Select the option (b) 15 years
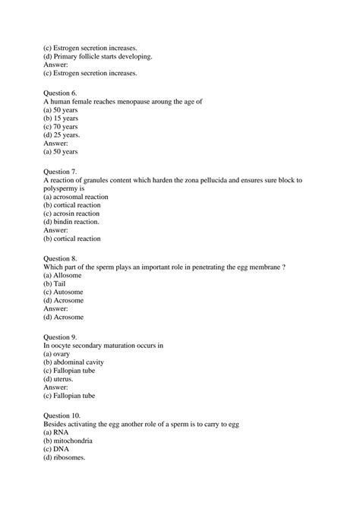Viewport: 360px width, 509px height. [x=61, y=118]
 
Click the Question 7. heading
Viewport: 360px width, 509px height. [x=61, y=172]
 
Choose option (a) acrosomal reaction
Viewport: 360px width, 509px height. [x=76, y=196]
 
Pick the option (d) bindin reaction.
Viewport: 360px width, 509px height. [x=71, y=221]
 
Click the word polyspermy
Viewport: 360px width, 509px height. [x=67, y=188]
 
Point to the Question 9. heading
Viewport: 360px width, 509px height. [x=61, y=337]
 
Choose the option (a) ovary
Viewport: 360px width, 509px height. [x=57, y=353]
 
